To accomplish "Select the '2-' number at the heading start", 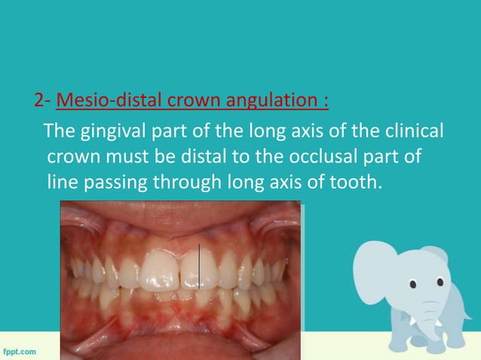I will coord(41,99).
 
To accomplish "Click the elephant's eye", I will coord(413,283).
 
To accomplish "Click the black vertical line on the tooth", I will coord(199,267).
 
